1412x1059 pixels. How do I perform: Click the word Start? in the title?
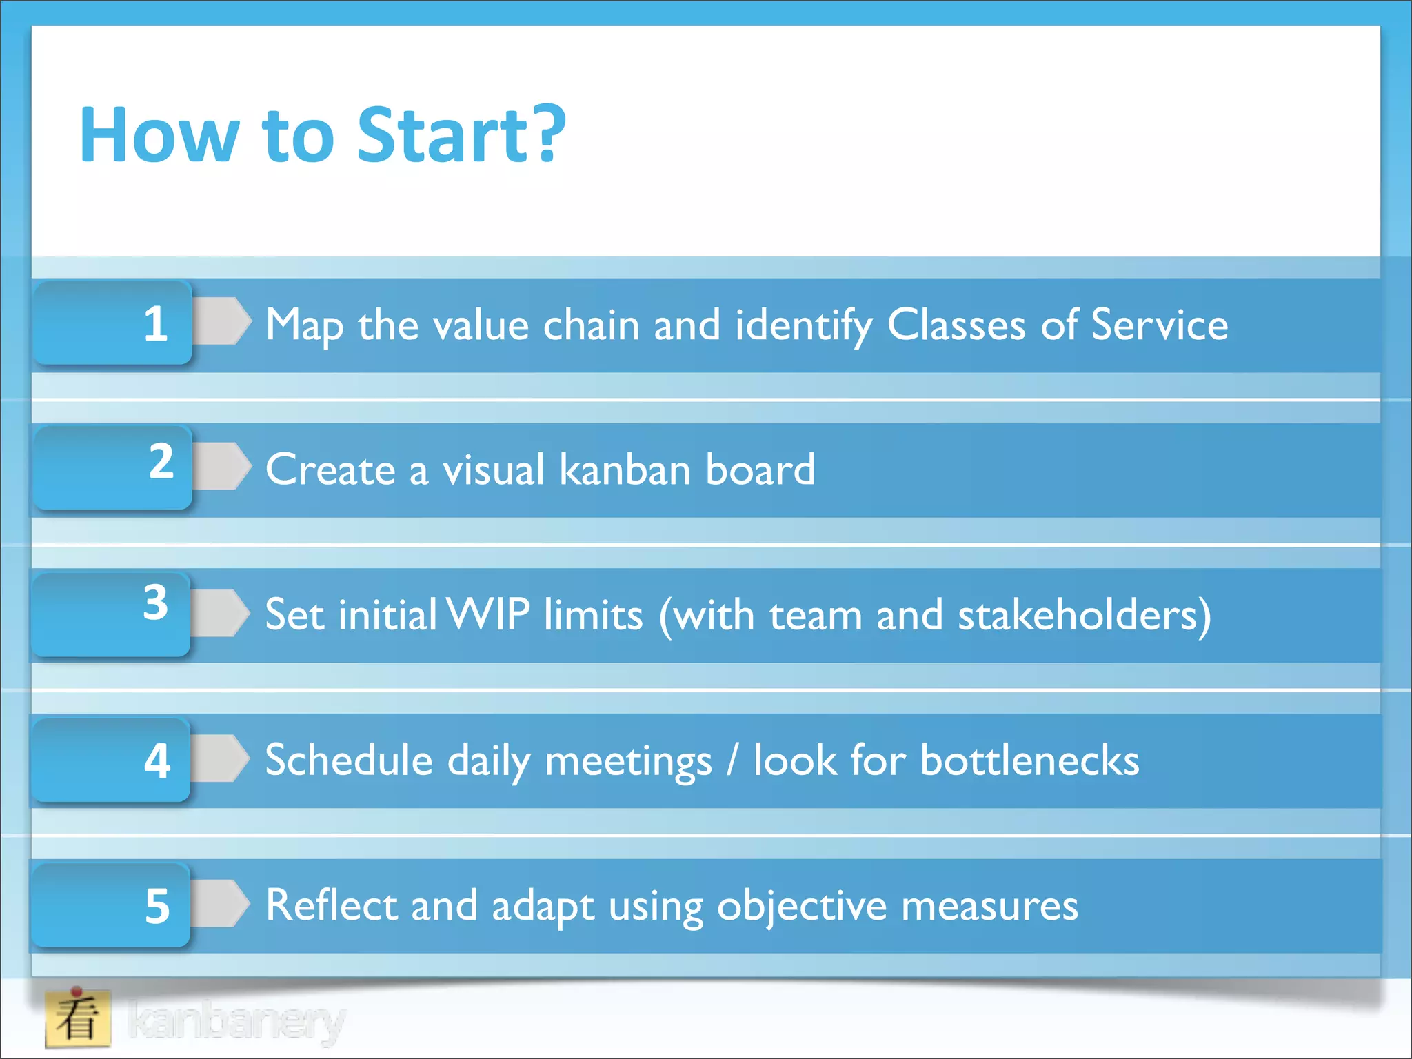click(461, 135)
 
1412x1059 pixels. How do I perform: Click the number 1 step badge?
click(113, 323)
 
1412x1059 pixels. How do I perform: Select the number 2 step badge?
click(113, 467)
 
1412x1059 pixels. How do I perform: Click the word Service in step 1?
click(1160, 325)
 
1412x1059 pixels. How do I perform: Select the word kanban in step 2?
click(625, 470)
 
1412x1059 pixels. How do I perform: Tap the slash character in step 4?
click(732, 759)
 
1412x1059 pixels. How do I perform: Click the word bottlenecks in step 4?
click(1029, 760)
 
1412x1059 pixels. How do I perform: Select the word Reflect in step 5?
click(331, 905)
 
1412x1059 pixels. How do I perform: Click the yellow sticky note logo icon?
click(78, 1018)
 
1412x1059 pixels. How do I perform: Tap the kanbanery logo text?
click(236, 1021)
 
